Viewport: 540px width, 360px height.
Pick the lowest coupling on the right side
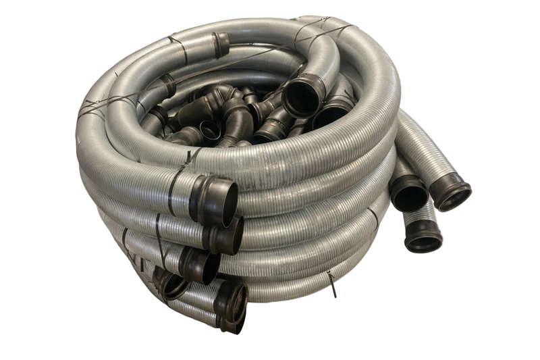pos(424,236)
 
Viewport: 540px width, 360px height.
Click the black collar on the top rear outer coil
pos(221,45)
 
